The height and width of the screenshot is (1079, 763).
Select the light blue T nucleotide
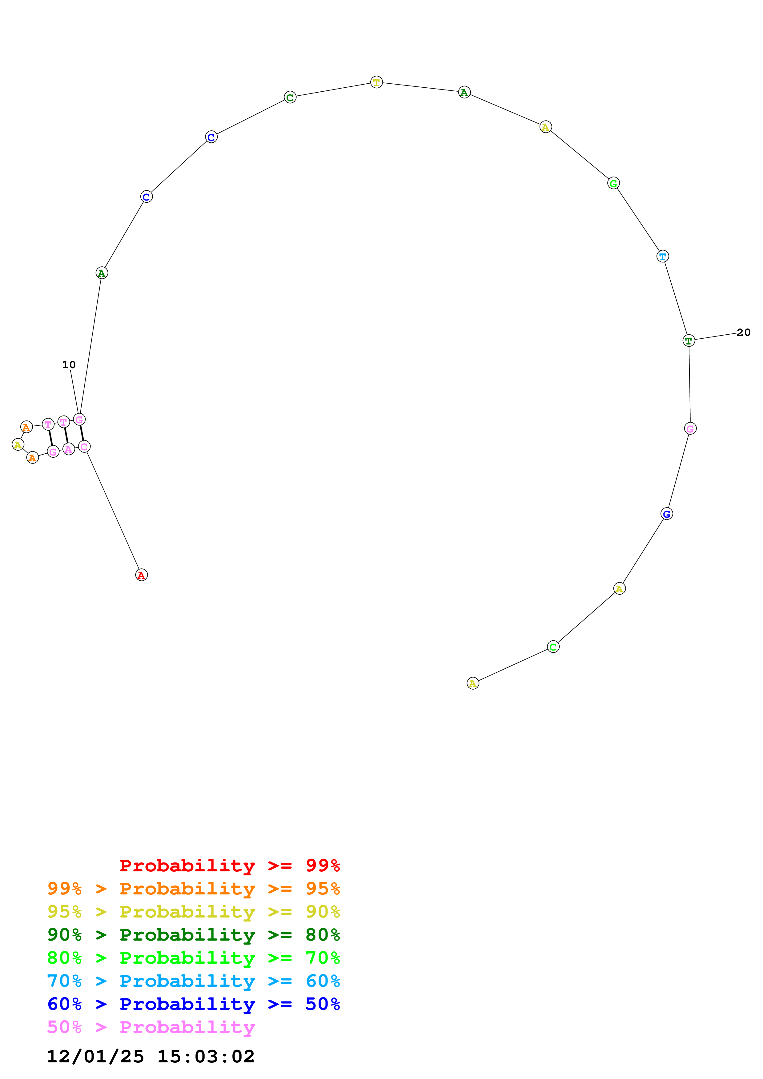coord(662,256)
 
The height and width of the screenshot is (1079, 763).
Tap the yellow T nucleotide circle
coord(376,82)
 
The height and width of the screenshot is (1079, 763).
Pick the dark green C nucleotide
coord(290,97)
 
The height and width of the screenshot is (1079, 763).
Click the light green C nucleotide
coord(553,647)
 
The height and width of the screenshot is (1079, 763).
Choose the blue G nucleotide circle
coord(667,514)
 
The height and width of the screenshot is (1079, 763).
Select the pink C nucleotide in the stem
coord(84,446)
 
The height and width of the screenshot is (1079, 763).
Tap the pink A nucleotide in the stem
coord(69,449)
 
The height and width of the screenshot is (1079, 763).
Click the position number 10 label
coord(69,365)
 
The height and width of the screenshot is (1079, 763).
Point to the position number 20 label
coord(743,332)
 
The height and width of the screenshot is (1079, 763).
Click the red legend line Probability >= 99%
coord(229,865)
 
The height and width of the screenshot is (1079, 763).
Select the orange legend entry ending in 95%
coord(194,888)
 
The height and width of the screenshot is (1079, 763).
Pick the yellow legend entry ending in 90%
coord(194,911)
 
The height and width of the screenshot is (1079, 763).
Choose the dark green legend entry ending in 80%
coord(194,934)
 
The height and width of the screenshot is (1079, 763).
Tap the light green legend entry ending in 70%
coord(194,957)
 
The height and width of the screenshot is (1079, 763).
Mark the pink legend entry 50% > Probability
coord(151,1027)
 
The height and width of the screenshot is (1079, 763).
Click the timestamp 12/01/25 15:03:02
coord(151,1056)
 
